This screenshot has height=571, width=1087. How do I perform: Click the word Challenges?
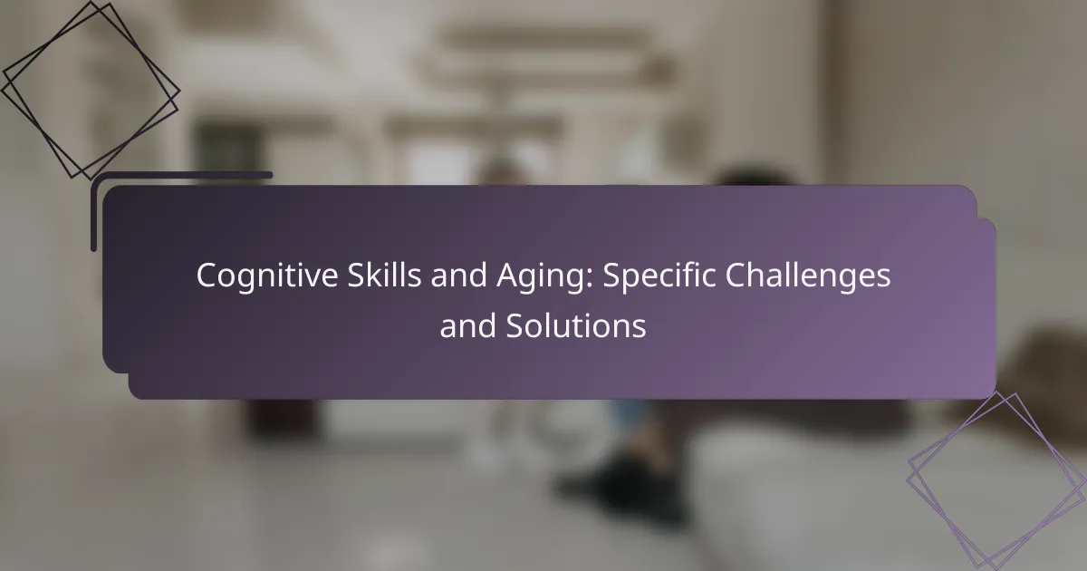[807, 276]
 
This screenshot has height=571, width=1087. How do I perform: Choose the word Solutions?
[575, 325]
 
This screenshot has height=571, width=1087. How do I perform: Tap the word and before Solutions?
[467, 325]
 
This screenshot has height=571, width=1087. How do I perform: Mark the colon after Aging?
[589, 280]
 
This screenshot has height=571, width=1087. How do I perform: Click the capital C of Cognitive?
[207, 276]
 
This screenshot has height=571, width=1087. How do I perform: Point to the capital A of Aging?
[507, 276]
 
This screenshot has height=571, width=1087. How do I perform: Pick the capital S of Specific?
[612, 276]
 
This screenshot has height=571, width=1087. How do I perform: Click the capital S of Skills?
[356, 276]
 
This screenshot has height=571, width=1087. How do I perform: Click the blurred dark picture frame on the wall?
[228, 146]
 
